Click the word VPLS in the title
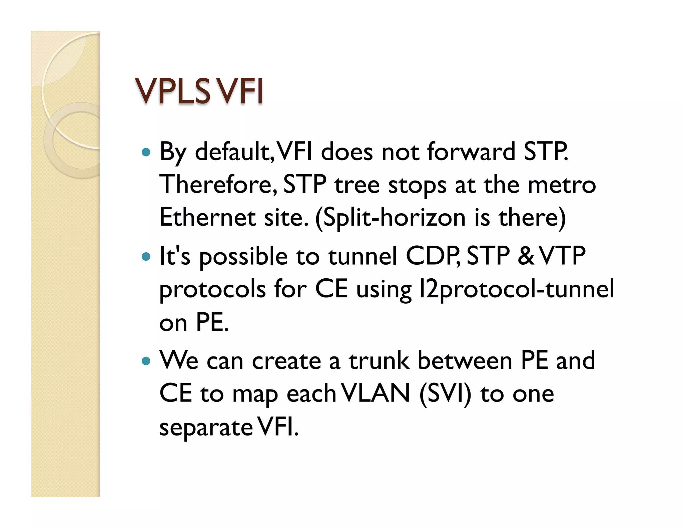[x=172, y=91]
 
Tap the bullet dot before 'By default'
[x=146, y=153]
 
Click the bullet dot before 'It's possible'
[x=146, y=257]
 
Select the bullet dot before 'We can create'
[x=146, y=361]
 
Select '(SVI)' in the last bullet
[x=445, y=394]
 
